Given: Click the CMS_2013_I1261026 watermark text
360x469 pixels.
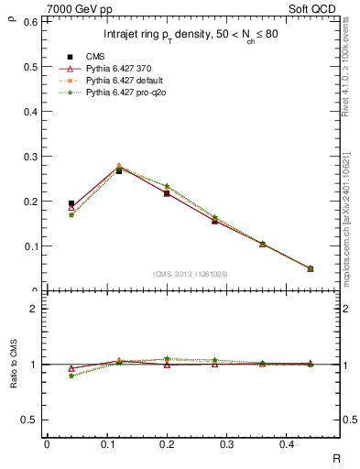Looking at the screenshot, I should click(191, 274).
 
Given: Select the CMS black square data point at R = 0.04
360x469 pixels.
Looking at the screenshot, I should click(71, 203).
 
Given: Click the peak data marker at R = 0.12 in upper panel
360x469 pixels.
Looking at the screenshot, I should click(118, 168).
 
